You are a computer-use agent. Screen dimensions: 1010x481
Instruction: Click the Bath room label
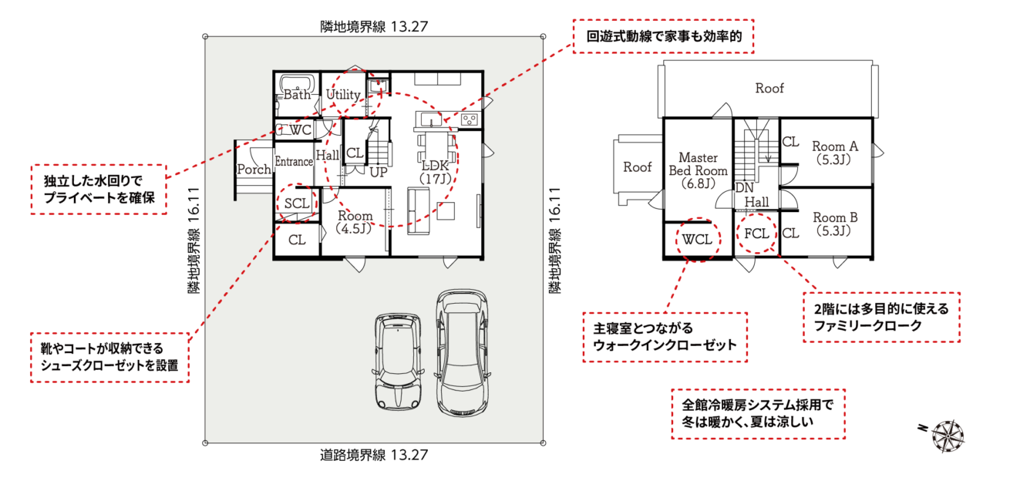coord(297,95)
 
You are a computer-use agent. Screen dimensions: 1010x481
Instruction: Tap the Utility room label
coord(343,95)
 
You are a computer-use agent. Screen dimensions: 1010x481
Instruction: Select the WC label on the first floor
coord(300,129)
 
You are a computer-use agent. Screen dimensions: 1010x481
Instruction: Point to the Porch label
coord(254,169)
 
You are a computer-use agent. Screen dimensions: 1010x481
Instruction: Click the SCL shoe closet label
coord(297,203)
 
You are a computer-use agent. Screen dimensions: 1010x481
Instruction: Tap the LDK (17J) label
coord(435,172)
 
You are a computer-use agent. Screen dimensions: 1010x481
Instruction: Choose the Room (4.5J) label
coord(355,222)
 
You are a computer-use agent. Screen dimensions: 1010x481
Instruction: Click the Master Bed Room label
coord(698,170)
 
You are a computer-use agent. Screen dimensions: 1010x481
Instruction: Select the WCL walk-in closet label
coord(697,240)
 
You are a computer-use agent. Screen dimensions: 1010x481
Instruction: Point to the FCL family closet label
coord(756,234)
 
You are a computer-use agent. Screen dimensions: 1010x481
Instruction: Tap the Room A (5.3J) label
coord(835,153)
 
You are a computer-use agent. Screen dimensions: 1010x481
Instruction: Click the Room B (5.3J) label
coord(835,224)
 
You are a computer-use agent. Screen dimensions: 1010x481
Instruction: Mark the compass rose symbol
coord(948,436)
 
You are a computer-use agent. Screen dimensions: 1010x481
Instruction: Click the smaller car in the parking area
coord(398,362)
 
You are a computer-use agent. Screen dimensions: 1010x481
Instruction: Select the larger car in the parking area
coord(463,352)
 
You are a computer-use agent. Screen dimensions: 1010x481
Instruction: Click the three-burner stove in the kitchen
coord(470,120)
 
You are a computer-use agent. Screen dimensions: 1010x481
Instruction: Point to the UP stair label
coord(379,172)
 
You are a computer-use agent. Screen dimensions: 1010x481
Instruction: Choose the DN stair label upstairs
coord(744,187)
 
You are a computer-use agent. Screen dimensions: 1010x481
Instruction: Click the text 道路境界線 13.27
coord(374,455)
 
